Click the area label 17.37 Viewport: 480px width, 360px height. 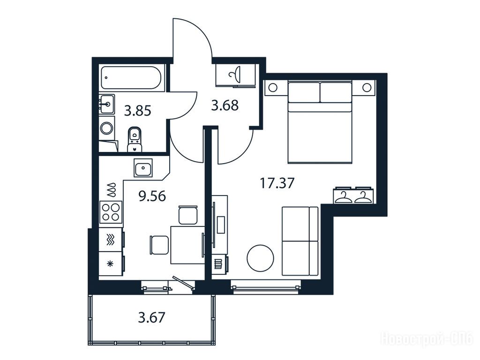(277, 183)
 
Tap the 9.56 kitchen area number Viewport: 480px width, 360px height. (152, 196)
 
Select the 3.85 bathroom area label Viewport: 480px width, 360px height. (137, 111)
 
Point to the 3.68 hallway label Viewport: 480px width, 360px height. (225, 105)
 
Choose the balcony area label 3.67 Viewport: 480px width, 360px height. (152, 317)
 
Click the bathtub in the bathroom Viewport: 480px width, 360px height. (132, 78)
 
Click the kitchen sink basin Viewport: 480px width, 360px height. (143, 168)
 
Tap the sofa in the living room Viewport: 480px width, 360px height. (300, 241)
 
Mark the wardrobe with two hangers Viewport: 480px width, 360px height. (353, 195)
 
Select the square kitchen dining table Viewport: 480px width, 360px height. (187, 245)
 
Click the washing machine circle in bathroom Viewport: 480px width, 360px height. (107, 128)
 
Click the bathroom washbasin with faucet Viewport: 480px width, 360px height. (107, 104)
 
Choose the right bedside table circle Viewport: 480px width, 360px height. (367, 88)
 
